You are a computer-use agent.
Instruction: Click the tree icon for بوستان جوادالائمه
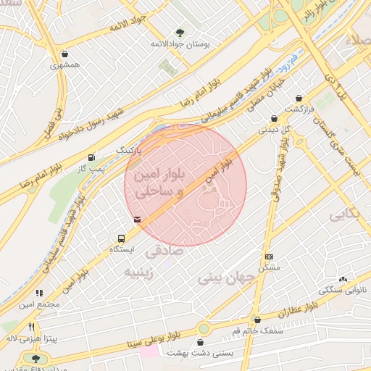tap(180, 33)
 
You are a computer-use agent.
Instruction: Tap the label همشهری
tap(66, 65)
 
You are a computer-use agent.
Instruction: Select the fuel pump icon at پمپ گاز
tap(91, 157)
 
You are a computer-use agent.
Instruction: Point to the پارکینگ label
tap(130, 149)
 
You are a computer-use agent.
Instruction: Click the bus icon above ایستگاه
tap(121, 238)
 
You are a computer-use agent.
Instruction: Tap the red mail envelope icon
tap(138, 219)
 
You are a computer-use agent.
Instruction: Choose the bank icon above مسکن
tap(270, 257)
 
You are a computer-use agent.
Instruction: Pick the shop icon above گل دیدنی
tap(274, 119)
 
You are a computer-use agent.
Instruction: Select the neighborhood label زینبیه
tap(141, 272)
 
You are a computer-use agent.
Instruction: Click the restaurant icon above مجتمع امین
tap(39, 293)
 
